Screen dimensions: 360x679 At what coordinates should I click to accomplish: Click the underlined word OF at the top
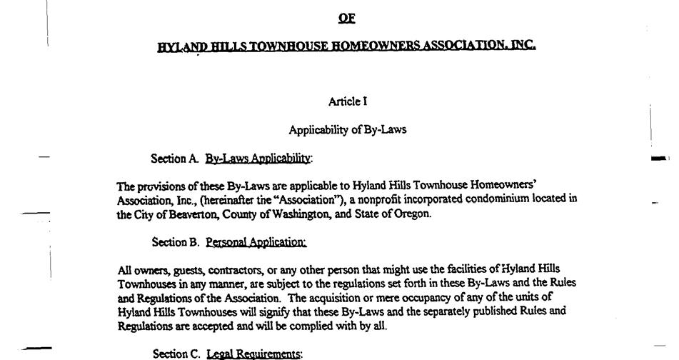pos(346,19)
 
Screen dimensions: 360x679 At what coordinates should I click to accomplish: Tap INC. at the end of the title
pos(523,45)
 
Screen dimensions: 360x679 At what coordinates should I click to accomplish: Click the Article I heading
pos(348,101)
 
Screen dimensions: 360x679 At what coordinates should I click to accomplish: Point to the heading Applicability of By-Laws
pos(348,130)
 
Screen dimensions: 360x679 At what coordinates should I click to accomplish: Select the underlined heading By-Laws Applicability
pos(258,158)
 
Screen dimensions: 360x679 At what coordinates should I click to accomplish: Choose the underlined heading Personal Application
pos(256,242)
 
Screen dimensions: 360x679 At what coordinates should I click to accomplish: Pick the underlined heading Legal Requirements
pos(254,354)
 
